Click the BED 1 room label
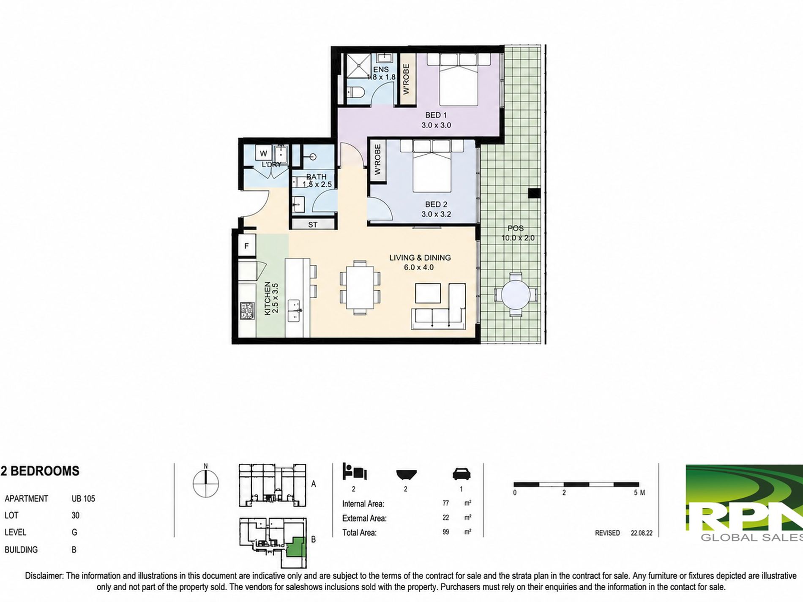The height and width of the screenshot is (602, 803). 436,115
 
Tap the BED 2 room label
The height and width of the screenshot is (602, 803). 436,204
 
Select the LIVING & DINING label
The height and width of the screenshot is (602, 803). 420,258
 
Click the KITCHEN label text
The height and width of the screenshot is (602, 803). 267,298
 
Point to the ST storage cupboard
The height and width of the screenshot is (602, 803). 313,225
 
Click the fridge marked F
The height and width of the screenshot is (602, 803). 246,245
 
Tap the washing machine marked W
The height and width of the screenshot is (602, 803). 264,154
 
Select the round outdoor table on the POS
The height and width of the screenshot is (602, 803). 516,294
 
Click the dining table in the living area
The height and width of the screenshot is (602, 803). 360,287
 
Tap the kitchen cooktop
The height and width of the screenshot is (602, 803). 247,311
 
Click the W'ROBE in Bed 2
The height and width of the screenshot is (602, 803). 378,159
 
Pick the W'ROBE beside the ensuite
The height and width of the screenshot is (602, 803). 407,79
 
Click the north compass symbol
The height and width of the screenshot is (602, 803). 206,482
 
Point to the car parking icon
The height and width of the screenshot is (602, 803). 462,474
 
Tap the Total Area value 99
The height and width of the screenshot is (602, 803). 446,532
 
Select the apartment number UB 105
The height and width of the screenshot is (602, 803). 83,498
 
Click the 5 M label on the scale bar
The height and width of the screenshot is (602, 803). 639,493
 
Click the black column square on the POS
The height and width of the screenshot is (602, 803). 534,193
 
